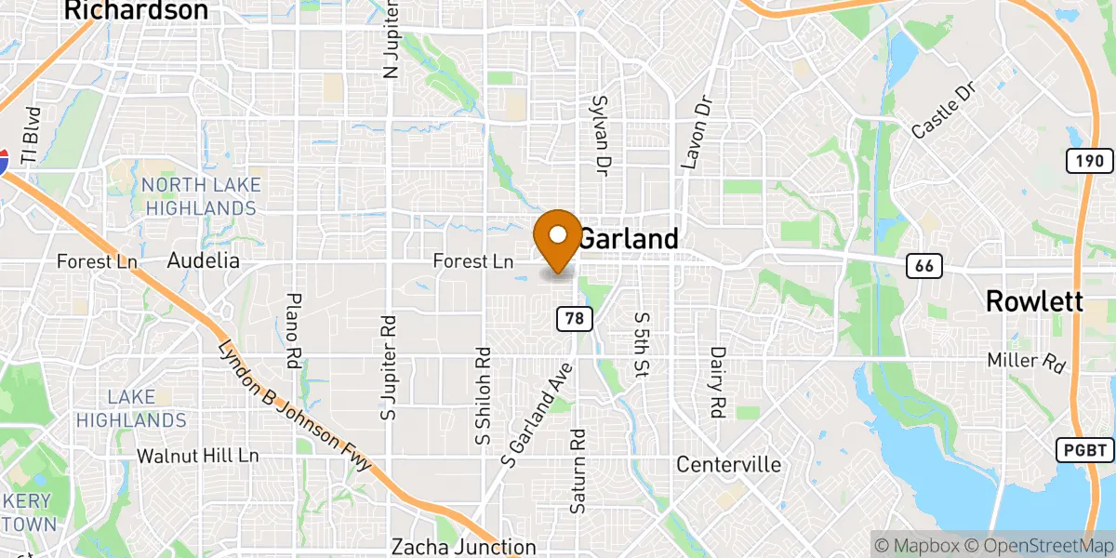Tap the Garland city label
(x=629, y=239)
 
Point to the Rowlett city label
(x=1033, y=301)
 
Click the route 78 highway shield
(x=575, y=319)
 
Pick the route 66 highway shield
(x=923, y=267)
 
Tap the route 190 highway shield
(x=1089, y=161)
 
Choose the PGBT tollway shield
(x=1084, y=451)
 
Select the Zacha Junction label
(x=464, y=546)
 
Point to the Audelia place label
(x=203, y=261)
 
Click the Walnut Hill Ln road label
(x=198, y=457)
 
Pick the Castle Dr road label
(x=940, y=115)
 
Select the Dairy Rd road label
(x=717, y=382)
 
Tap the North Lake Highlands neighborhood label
(x=201, y=196)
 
